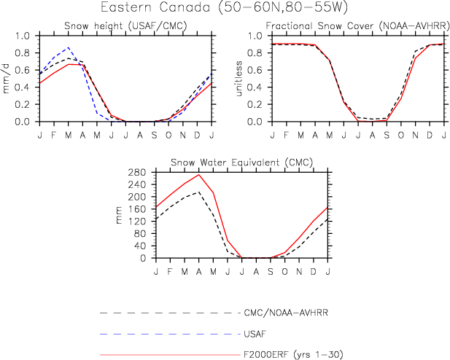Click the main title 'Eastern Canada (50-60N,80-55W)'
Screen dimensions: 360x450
tap(225, 9)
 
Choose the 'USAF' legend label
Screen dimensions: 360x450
tap(252, 334)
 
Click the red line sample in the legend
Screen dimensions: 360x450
tap(168, 356)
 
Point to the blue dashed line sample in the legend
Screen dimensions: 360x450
tap(168, 334)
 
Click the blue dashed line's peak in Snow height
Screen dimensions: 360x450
tap(69, 48)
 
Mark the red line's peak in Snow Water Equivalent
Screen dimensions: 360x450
tap(198, 175)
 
